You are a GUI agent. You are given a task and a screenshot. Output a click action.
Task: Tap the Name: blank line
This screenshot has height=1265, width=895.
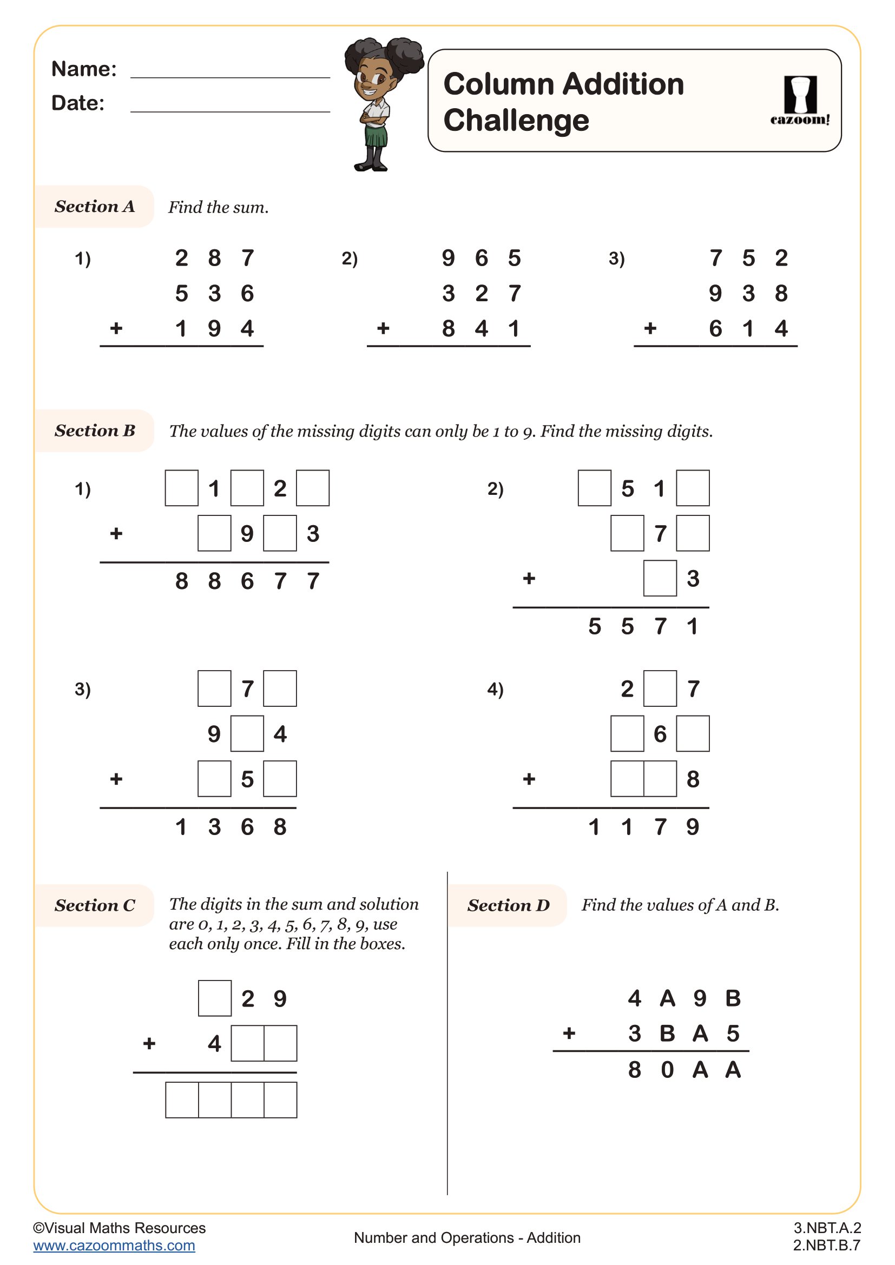coord(230,77)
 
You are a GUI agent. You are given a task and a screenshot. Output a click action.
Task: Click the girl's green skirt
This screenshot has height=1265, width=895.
coord(376,135)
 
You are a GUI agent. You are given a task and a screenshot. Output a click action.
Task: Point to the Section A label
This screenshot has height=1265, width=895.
coord(94,207)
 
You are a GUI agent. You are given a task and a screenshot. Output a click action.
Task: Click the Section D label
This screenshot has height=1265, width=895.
coord(508,905)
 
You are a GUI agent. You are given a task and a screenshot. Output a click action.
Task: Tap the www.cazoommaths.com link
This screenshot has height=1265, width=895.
coord(114,1246)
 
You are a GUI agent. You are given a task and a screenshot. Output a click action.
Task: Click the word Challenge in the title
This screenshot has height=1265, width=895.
coord(516,120)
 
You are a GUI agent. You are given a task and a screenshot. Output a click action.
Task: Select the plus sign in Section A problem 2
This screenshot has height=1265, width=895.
coord(383,329)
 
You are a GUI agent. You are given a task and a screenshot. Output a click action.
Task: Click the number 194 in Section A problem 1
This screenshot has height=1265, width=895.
coord(214,329)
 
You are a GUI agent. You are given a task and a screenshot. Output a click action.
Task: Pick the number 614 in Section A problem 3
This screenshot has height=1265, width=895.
coord(748,329)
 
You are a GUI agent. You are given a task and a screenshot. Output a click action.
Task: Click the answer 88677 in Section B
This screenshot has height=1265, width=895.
coord(247,581)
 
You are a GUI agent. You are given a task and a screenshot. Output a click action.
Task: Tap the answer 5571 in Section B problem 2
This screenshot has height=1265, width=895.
coord(643,626)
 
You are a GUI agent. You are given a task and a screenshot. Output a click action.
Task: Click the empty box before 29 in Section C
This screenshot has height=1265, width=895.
coord(214,998)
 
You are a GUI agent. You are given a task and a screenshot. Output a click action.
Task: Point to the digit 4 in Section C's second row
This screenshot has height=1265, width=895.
coord(214,1043)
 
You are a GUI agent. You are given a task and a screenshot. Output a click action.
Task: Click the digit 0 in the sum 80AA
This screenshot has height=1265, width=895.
coord(667,1070)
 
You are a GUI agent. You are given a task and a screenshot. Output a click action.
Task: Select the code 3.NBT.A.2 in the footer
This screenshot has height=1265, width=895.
coord(827,1228)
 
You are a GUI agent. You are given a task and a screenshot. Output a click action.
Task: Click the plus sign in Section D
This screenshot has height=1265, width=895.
coord(569,1033)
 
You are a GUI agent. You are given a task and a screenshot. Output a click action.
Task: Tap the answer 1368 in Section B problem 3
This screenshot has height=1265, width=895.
coord(231,827)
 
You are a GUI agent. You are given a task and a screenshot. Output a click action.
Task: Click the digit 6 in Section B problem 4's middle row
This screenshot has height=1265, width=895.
coord(660,734)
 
